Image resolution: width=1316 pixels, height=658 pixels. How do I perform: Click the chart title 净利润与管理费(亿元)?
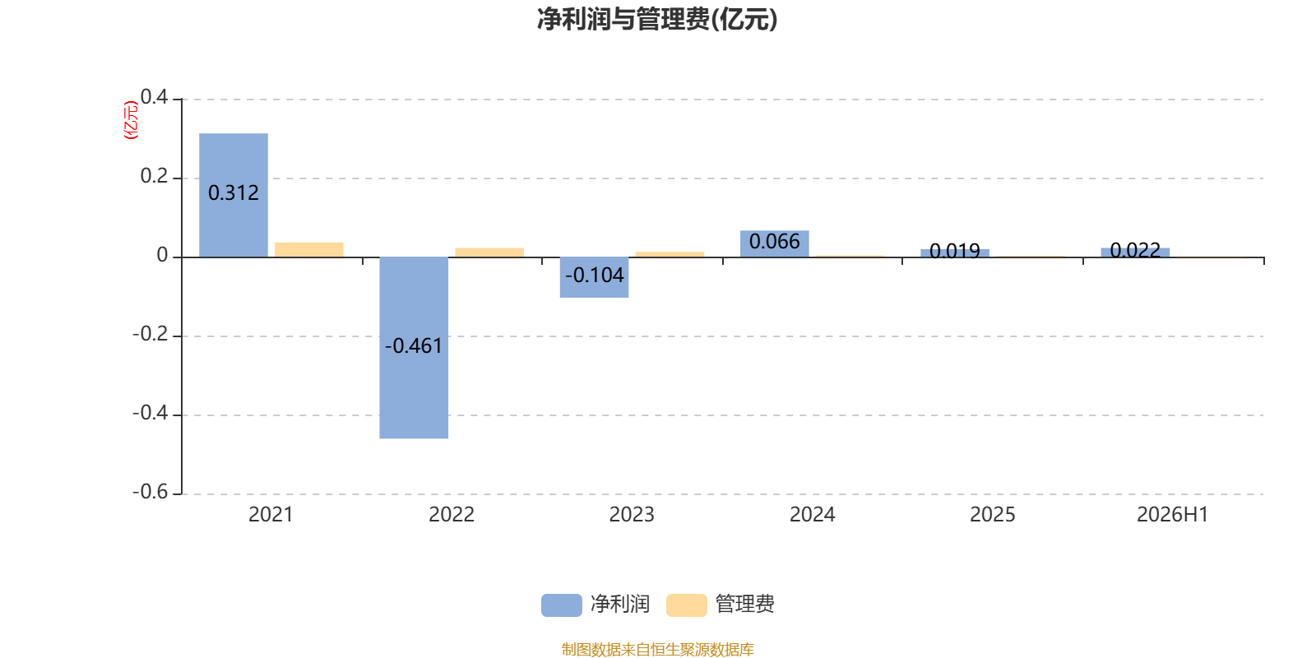(x=657, y=20)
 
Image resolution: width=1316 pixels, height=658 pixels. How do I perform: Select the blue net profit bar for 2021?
(x=234, y=195)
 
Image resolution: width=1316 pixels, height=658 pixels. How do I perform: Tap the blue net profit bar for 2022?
(x=414, y=348)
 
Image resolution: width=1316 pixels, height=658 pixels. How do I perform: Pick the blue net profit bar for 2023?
(x=594, y=277)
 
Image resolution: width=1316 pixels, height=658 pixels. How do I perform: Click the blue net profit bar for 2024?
(x=774, y=243)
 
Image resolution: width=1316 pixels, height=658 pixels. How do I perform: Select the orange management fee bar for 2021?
(x=309, y=250)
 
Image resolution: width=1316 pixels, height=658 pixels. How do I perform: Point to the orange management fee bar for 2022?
(x=489, y=253)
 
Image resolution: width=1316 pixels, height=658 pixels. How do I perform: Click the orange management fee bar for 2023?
(x=670, y=254)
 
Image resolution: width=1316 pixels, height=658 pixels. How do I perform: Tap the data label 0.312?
(x=234, y=192)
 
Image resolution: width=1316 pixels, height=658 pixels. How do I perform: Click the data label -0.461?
(x=414, y=346)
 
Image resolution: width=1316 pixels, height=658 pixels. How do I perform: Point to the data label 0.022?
(x=1135, y=250)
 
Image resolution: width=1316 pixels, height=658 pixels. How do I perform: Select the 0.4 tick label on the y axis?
(x=154, y=97)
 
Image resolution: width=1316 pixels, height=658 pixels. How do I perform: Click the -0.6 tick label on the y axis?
(x=151, y=492)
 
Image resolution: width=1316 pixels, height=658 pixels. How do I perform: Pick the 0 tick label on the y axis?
(x=162, y=255)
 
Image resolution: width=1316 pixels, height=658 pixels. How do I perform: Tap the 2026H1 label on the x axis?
(x=1173, y=515)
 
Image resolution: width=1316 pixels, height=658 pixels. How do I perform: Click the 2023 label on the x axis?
(x=632, y=515)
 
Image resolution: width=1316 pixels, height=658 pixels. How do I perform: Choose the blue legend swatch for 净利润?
(x=562, y=605)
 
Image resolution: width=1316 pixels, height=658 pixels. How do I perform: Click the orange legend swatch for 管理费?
(x=686, y=605)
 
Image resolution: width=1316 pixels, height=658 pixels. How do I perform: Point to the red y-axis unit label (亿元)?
(x=131, y=120)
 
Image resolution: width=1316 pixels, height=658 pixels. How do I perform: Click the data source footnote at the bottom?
(x=657, y=649)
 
